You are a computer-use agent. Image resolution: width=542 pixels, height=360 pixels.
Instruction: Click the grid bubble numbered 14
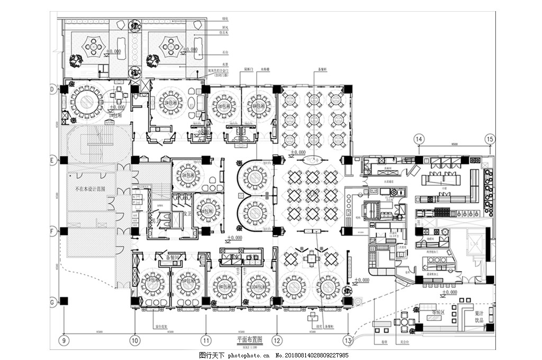[x=419, y=139]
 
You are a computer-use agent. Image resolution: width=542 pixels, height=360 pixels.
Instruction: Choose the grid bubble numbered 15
[x=490, y=139]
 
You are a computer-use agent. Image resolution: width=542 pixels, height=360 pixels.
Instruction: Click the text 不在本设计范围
[x=91, y=188]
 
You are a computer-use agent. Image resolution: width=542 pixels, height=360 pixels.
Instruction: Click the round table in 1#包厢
[x=86, y=102]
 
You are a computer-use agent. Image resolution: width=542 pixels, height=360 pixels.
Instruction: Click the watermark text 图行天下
[x=212, y=355]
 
